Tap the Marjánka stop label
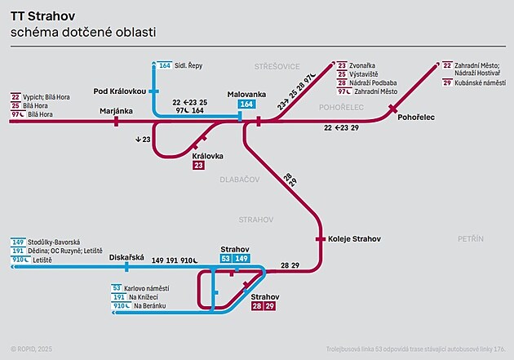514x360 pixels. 116,109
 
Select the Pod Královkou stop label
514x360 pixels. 121,91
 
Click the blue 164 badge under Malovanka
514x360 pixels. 246,104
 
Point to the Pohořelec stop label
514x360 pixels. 415,118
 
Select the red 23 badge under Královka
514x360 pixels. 198,166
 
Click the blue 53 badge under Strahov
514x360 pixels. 226,259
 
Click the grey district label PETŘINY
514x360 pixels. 471,238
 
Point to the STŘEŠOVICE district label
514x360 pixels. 277,65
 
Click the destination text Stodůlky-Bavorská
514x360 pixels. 56,242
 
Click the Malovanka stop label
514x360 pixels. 246,95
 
